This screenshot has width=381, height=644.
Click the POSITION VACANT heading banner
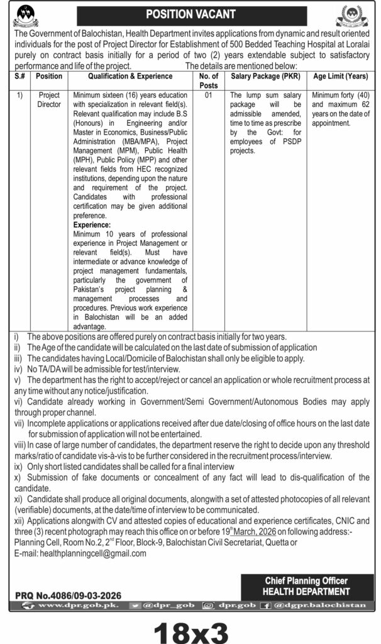point(190,14)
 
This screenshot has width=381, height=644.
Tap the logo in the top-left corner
point(26,13)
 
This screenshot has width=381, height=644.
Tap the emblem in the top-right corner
point(355,14)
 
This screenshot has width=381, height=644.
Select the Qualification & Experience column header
point(130,76)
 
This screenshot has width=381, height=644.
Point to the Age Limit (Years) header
point(340,76)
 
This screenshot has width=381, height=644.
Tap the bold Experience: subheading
point(92,225)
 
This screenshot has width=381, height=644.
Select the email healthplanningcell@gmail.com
point(92,553)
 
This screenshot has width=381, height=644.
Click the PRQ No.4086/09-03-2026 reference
point(68,594)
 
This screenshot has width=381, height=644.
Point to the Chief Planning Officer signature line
point(307,581)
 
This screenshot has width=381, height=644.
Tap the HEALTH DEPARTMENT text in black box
point(307,591)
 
